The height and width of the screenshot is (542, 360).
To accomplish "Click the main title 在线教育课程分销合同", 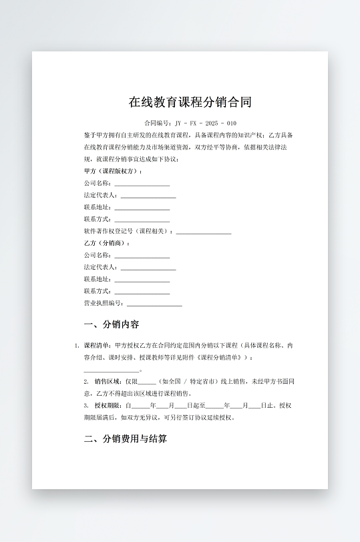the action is click(190, 102).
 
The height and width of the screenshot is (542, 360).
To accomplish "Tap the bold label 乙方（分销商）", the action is click(107, 243).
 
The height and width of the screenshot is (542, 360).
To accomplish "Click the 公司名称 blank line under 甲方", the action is click(142, 184).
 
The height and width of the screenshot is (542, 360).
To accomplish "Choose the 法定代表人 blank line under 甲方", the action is click(148, 196).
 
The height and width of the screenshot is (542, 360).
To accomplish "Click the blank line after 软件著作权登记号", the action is click(204, 232).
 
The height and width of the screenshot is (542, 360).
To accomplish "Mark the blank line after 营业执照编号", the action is click(154, 304).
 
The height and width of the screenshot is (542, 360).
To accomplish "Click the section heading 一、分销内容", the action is click(112, 325).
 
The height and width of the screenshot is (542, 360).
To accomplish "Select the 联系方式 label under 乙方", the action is click(98, 291).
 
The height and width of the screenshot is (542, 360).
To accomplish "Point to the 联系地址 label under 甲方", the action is click(98, 208).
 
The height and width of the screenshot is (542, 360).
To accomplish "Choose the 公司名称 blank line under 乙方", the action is click(142, 256).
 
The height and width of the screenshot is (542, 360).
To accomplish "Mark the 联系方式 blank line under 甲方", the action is click(142, 220).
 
